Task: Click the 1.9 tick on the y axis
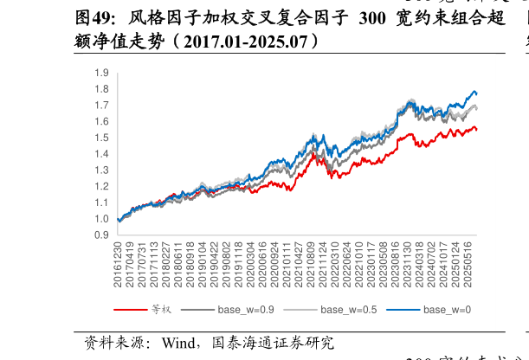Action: pyautogui.click(x=102, y=73)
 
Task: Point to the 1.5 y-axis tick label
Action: pyautogui.click(x=102, y=138)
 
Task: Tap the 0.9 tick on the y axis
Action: pyautogui.click(x=102, y=235)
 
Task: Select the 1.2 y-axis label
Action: pyautogui.click(x=102, y=186)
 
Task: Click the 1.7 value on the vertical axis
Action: pyautogui.click(x=102, y=106)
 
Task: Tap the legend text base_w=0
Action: pyautogui.click(x=448, y=310)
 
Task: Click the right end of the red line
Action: pyautogui.click(x=476, y=130)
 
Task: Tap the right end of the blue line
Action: pyautogui.click(x=476, y=93)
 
